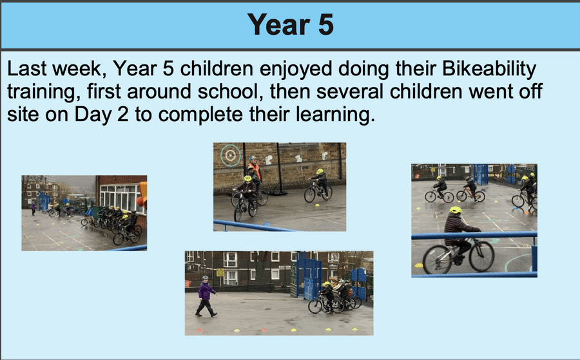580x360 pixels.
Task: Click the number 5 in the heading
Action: pos(325,24)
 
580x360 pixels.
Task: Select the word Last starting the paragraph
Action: pos(28,69)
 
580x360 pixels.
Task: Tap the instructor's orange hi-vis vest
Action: pos(255,171)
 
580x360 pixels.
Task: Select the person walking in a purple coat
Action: pos(206,296)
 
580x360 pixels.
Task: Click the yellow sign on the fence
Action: pos(220,272)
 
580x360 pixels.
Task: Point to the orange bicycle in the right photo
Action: pos(471,194)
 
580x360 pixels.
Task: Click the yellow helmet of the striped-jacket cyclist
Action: pos(456,210)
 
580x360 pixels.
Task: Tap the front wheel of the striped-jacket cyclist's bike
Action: pos(481,256)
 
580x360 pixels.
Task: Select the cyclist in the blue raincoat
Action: pos(89,214)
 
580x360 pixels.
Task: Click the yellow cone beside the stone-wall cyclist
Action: pos(317,204)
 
